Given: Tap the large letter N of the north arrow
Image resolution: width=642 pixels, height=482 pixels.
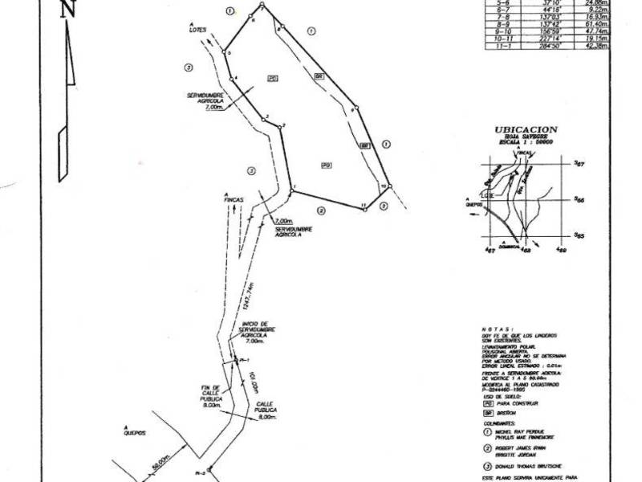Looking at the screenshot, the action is coord(67,10).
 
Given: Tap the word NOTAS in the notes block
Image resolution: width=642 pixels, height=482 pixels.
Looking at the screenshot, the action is coord(493,329).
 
